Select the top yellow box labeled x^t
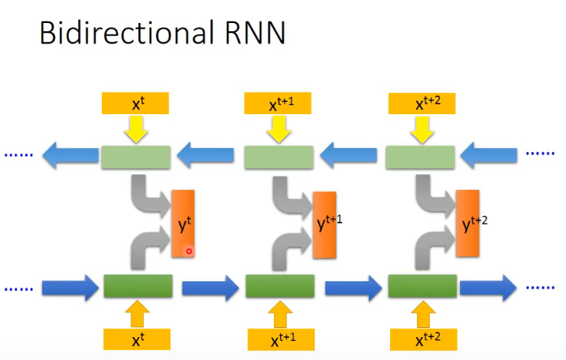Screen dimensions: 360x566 136,104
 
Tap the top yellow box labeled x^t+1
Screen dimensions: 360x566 279,104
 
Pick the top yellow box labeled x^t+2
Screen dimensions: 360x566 423,104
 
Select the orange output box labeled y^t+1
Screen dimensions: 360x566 325,224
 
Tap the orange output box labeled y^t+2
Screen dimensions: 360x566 467,224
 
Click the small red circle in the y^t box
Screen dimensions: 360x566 189,251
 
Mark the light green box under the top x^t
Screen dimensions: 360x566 136,155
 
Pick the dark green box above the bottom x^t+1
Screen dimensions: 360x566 280,287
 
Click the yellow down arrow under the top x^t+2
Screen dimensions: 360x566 422,129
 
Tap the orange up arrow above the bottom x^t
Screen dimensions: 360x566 137,313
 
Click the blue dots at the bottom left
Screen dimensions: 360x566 19,288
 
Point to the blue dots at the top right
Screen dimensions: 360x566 540,154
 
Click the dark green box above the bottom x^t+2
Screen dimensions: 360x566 422,287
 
